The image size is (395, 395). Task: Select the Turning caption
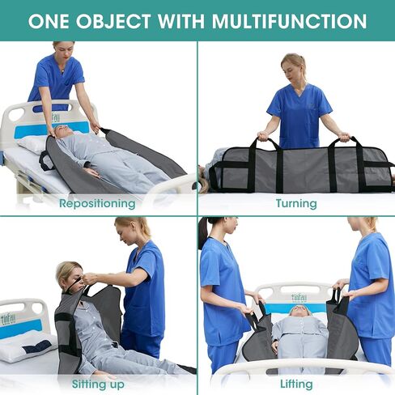click(295, 204)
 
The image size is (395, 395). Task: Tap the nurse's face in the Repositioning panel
click(65, 50)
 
